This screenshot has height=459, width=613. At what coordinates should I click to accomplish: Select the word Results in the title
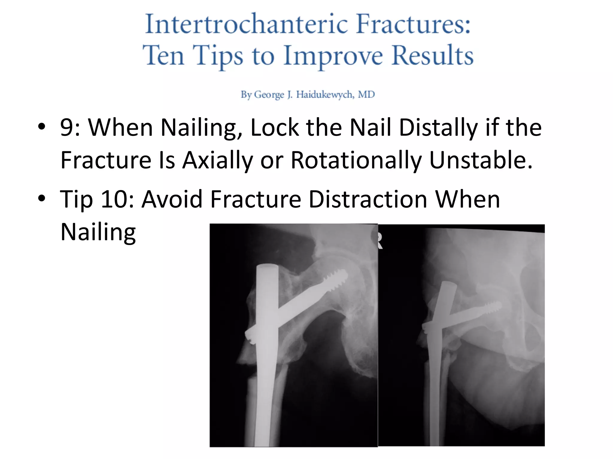[x=433, y=56]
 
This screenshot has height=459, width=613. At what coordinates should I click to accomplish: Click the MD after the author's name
[x=366, y=95]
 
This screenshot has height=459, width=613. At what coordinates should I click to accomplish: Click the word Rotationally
[x=356, y=160]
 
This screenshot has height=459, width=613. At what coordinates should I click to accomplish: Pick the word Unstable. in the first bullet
[x=481, y=160]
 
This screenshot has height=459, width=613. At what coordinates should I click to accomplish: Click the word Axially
[x=218, y=160]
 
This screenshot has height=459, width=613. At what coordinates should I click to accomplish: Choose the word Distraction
[x=368, y=199]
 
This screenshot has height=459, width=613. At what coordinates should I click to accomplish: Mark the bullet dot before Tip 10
[x=42, y=198]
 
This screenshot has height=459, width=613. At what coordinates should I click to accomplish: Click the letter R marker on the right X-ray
[x=380, y=241]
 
